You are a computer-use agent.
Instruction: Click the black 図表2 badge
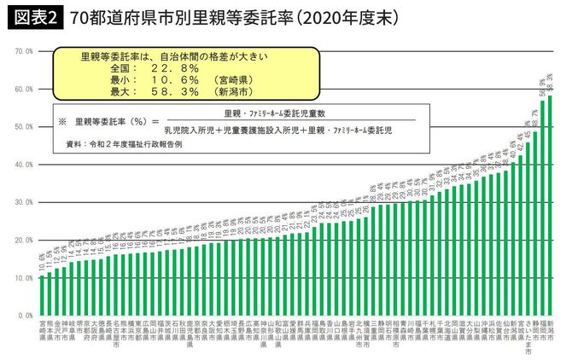pyautogui.click(x=33, y=18)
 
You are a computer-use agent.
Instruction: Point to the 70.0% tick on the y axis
pyautogui.click(x=24, y=51)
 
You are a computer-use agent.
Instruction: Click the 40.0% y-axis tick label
pyautogui.click(x=24, y=164)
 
